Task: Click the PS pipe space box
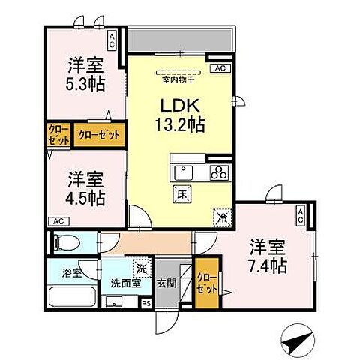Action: pyautogui.click(x=146, y=304)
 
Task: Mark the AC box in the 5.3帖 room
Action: pyautogui.click(x=112, y=39)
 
